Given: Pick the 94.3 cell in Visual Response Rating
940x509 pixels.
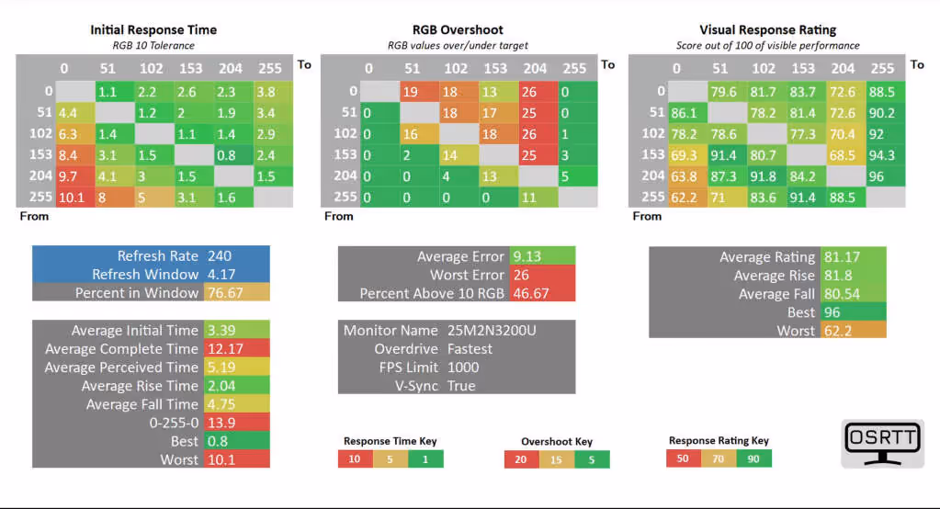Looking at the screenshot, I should [x=881, y=154].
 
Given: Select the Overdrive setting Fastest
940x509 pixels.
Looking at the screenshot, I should [x=470, y=349].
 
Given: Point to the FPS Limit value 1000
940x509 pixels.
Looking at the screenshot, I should [x=462, y=368].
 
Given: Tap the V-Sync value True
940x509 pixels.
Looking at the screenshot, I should [x=461, y=386].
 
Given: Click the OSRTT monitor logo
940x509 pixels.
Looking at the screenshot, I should [x=882, y=443].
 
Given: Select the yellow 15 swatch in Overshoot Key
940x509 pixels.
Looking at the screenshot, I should [x=557, y=459].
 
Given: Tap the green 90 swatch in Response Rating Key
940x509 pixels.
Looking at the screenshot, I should [x=753, y=458].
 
